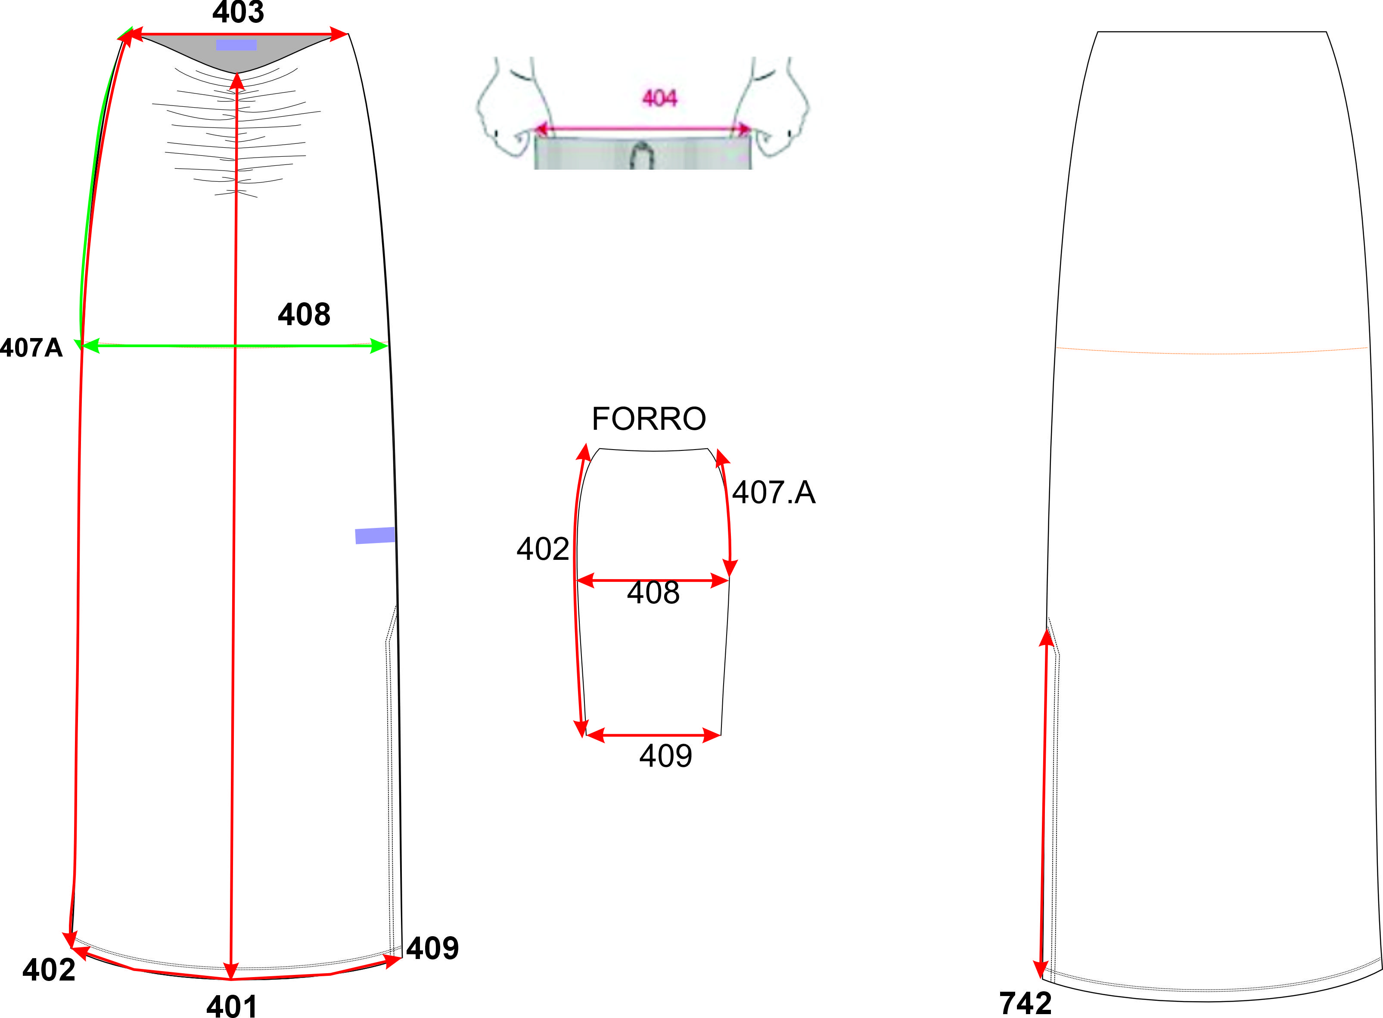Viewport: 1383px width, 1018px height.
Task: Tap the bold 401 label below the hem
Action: point(232,1006)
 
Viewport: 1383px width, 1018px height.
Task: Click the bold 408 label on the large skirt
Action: point(304,314)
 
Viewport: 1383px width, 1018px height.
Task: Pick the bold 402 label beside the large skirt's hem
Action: point(49,970)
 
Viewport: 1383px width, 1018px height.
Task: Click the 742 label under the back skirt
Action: point(1026,1004)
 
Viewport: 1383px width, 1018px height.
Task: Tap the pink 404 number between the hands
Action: point(659,98)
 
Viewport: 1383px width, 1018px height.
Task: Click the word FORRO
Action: point(649,419)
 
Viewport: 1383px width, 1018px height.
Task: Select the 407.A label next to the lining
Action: point(774,492)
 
